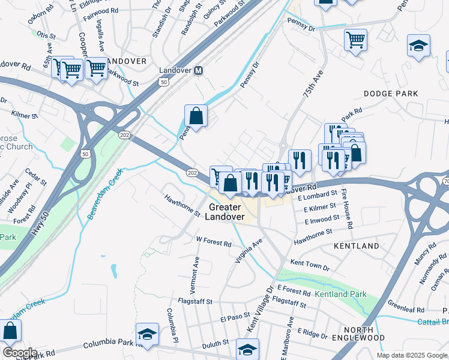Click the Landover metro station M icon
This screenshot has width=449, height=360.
(198, 70)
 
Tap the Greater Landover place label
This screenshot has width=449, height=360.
(226, 212)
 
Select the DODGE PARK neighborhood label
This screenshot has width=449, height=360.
(390, 94)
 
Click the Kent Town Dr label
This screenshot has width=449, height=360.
(310, 265)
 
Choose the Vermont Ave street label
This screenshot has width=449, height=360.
(196, 273)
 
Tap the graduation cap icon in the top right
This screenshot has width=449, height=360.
(418, 45)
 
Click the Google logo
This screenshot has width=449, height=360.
(19, 353)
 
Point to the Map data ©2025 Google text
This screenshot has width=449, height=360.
(411, 355)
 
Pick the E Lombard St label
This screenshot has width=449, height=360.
(320, 195)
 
